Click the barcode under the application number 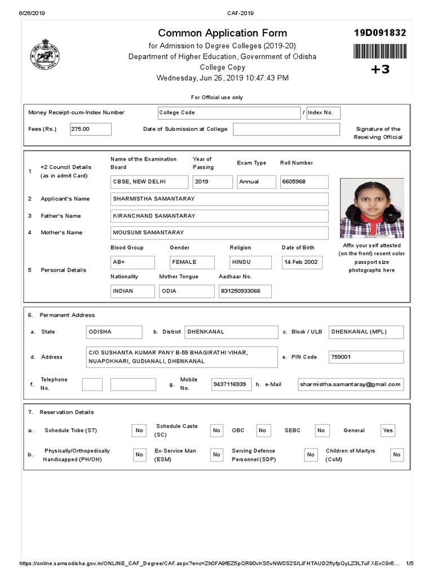(379, 51)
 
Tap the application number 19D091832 (379, 33)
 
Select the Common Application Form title (222, 33)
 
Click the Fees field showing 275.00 (90, 129)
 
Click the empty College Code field (229, 113)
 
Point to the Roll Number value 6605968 (304, 182)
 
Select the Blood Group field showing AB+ (132, 262)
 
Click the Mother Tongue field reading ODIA (187, 291)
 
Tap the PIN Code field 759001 (366, 357)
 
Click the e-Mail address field (351, 384)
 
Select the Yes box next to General (388, 430)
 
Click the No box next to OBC (263, 430)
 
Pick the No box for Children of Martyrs (397, 455)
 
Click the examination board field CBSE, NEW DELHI (149, 182)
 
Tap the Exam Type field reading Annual (256, 182)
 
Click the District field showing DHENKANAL (231, 332)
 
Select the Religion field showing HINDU (250, 262)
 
